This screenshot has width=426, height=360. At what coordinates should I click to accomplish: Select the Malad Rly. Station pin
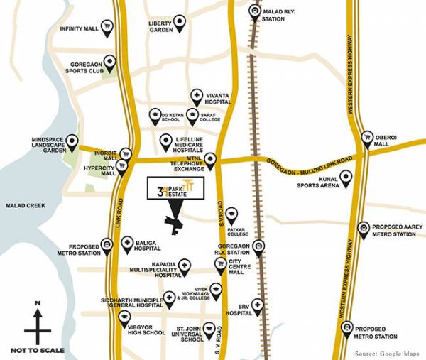click(255, 12)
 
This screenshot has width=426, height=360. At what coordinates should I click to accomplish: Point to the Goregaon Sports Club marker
click(110, 62)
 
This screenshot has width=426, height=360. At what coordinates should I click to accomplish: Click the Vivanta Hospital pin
click(197, 95)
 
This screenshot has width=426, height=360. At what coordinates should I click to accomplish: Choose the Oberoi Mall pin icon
click(367, 137)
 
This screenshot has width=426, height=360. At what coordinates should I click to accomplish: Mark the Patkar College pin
click(231, 213)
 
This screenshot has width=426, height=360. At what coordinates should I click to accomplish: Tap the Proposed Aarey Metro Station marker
click(364, 229)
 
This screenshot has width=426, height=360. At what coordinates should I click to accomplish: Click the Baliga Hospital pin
click(128, 244)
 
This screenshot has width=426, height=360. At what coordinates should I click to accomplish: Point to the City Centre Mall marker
click(220, 264)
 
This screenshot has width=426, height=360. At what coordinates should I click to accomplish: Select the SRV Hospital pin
click(257, 305)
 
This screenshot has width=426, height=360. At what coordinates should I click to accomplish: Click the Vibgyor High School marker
click(124, 317)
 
